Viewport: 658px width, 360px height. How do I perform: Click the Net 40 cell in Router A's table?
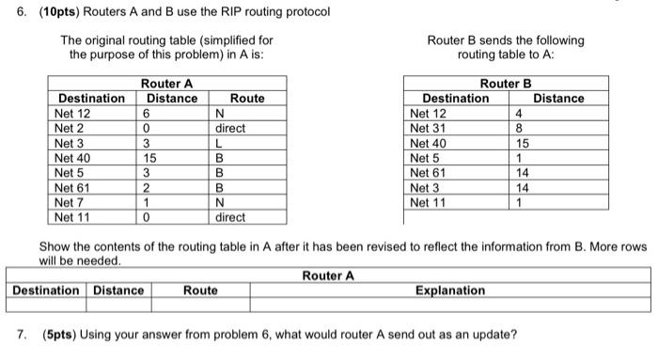click(71, 158)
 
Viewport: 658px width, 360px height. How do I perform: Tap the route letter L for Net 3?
click(218, 143)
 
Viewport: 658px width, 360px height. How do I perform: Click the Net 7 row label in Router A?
click(69, 202)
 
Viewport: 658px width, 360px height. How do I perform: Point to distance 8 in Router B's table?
click(520, 129)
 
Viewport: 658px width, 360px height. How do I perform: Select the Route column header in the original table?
click(247, 99)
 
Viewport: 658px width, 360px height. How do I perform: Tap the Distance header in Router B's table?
click(558, 98)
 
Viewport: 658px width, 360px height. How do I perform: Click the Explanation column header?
click(449, 290)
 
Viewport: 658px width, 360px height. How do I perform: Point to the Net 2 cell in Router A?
click(69, 128)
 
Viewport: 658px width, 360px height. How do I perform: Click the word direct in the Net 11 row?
click(230, 217)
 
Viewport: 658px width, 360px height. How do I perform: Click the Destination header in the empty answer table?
click(46, 290)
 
